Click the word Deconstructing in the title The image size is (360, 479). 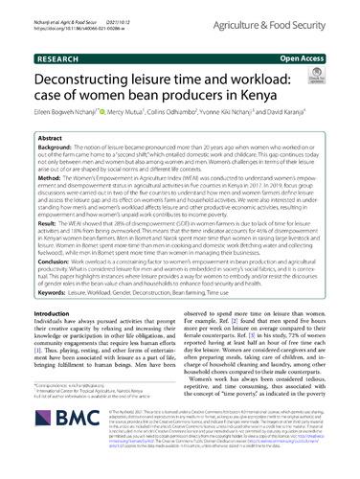coord(84,62)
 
